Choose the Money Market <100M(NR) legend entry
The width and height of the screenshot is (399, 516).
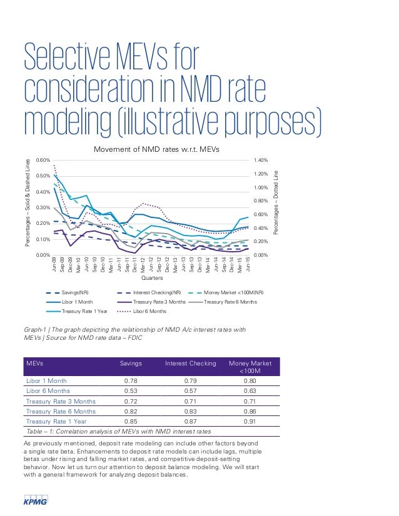(236, 292)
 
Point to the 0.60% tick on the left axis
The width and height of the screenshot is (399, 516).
(44, 160)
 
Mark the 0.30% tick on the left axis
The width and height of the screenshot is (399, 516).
(44, 207)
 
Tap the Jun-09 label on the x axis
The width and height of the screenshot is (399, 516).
(54, 263)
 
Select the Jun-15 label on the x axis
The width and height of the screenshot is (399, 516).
(250, 263)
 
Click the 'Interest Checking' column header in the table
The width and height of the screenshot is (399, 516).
(190, 364)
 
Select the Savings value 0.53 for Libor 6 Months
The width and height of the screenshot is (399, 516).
(131, 390)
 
